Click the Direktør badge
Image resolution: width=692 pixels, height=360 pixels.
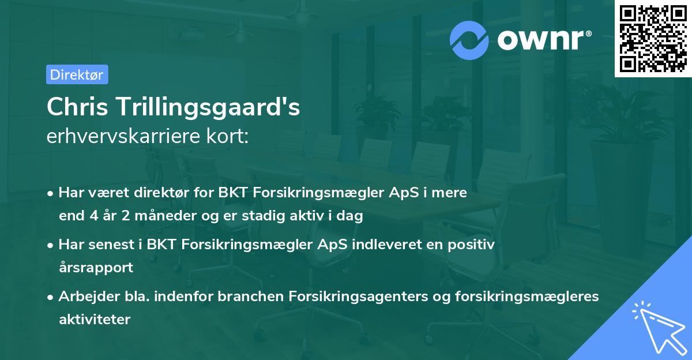coord(77,74)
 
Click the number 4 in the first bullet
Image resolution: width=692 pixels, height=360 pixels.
coord(93,216)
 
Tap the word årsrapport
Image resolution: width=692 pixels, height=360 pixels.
coord(96,267)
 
